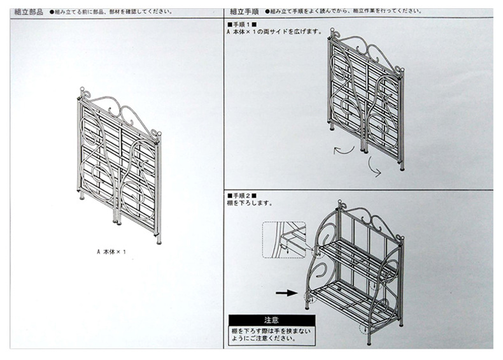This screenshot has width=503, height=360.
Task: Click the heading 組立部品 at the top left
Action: pyautogui.click(x=28, y=11)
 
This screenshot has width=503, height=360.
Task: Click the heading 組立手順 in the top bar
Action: pyautogui.click(x=244, y=11)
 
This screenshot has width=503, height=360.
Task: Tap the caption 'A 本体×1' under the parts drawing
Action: pyautogui.click(x=111, y=251)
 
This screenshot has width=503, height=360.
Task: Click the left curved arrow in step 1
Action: pyautogui.click(x=344, y=149)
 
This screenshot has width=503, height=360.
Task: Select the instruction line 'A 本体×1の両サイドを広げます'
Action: pyautogui.click(x=274, y=31)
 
